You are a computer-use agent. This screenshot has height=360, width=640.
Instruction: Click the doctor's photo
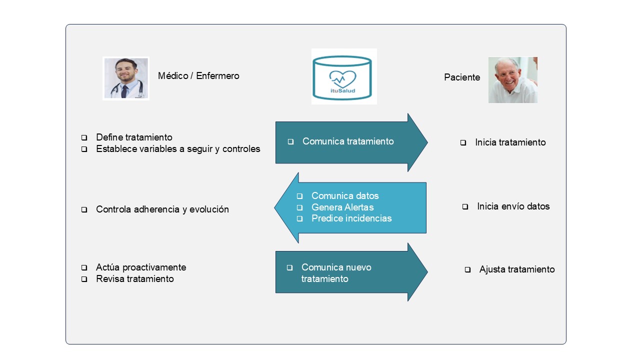[126, 78]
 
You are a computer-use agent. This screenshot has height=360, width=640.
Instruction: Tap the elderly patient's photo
[513, 80]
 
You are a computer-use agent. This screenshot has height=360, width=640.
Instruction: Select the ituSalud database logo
[344, 76]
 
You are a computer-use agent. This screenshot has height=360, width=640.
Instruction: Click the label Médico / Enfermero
[198, 75]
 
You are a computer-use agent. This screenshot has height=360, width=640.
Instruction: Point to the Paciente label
[462, 77]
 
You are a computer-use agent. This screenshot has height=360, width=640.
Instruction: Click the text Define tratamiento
[134, 137]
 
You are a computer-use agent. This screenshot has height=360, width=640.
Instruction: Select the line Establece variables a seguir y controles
[178, 149]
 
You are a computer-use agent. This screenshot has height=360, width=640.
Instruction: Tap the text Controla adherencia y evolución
[162, 209]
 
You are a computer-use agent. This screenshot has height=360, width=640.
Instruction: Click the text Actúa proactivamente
[141, 267]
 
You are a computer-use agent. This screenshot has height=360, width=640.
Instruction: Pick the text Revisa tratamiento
[135, 278]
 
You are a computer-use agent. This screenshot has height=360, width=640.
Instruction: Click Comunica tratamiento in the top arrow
[348, 141]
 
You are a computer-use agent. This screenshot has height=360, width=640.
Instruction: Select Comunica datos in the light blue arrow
[345, 195]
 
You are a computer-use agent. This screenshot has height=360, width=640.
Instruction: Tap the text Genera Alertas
[342, 207]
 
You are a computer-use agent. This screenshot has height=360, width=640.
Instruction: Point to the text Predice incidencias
[351, 218]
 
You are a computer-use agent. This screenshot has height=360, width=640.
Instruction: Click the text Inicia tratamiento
[510, 142]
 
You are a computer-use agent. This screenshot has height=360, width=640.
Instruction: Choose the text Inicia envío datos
[513, 206]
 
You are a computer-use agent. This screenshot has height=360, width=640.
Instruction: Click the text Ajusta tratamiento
[517, 269]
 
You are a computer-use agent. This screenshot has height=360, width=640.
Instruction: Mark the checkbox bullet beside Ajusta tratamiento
[467, 269]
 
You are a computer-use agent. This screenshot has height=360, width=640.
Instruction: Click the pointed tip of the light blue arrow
[274, 207]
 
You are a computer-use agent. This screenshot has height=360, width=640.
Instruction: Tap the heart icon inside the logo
[342, 79]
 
